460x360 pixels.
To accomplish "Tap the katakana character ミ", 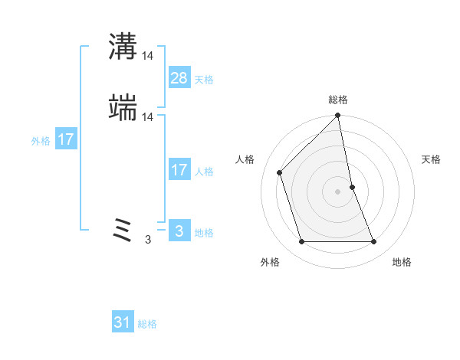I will pyautogui.click(x=123, y=230).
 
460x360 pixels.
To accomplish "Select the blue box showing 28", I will pyautogui.click(x=179, y=77).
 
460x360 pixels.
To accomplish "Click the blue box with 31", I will pyautogui.click(x=123, y=322).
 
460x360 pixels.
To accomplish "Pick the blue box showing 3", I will pyautogui.click(x=179, y=231).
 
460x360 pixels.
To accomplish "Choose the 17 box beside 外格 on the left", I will pyautogui.click(x=66, y=140).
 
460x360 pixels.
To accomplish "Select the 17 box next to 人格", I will pyautogui.click(x=179, y=169).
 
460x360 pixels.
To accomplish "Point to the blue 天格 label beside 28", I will pyautogui.click(x=204, y=80).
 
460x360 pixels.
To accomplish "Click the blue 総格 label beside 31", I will pyautogui.click(x=148, y=325).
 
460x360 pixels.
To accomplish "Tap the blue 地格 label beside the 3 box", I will pyautogui.click(x=204, y=233).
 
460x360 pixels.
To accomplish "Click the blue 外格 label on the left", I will pyautogui.click(x=41, y=142).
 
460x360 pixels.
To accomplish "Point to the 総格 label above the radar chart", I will pyautogui.click(x=338, y=100).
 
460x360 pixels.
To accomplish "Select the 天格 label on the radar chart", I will pyautogui.click(x=431, y=159).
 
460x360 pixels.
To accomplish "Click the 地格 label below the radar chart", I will pyautogui.click(x=402, y=263).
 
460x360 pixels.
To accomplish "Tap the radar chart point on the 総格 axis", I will pyautogui.click(x=338, y=116).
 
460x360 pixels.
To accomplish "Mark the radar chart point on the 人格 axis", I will pyautogui.click(x=281, y=172).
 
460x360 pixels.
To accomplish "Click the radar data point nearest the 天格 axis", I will pyautogui.click(x=352, y=186).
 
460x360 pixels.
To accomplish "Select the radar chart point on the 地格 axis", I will pyautogui.click(x=373, y=242).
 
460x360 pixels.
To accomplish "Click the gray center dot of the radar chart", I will pyautogui.click(x=338, y=191).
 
